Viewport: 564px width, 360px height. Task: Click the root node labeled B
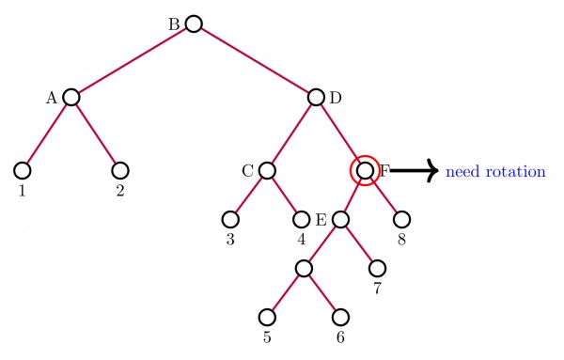click(x=194, y=23)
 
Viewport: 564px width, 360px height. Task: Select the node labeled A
click(x=71, y=97)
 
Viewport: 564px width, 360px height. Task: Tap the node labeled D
click(x=315, y=97)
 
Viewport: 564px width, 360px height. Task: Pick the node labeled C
click(x=267, y=170)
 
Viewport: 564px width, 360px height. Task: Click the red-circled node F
click(x=365, y=170)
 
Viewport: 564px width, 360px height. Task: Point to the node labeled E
click(x=340, y=220)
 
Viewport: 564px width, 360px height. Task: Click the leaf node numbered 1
click(x=23, y=170)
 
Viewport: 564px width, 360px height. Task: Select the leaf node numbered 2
click(x=119, y=170)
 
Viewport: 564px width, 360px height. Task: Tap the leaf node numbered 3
click(x=230, y=220)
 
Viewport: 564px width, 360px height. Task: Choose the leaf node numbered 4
click(x=302, y=220)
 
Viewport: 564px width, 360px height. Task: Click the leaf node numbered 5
click(x=268, y=317)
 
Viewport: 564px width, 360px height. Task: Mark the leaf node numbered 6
click(x=340, y=317)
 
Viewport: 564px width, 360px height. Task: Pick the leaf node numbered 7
click(x=377, y=268)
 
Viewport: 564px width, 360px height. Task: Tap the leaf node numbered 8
click(x=401, y=220)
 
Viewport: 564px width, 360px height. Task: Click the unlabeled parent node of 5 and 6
click(x=304, y=268)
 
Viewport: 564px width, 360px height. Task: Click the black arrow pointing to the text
click(x=414, y=170)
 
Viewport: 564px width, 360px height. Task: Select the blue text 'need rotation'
click(x=495, y=172)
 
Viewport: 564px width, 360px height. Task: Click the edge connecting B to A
click(x=133, y=60)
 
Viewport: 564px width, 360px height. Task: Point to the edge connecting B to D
click(x=254, y=60)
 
